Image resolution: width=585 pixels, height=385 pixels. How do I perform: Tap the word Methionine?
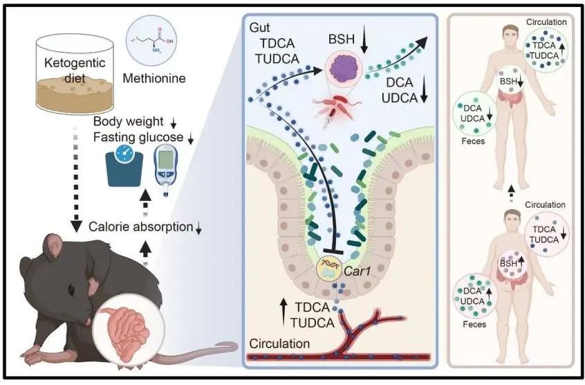pyautogui.click(x=154, y=79)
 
